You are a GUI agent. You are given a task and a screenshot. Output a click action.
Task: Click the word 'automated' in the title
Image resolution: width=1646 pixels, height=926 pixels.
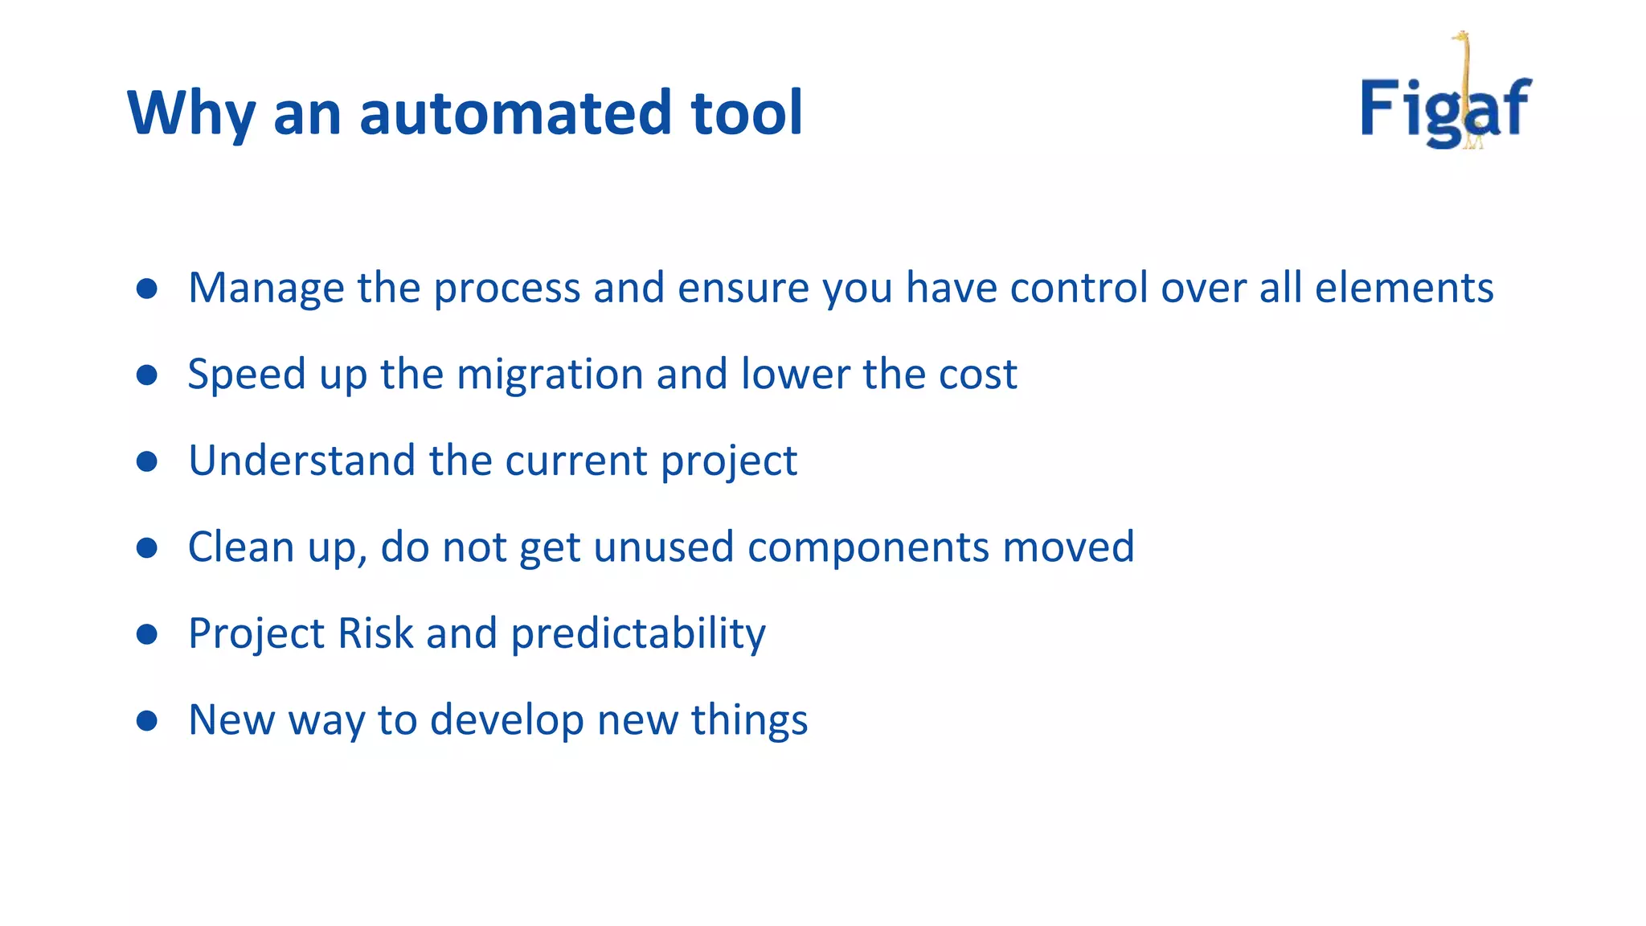tap(514, 113)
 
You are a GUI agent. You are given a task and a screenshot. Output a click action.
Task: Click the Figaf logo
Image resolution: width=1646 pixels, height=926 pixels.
tap(1446, 104)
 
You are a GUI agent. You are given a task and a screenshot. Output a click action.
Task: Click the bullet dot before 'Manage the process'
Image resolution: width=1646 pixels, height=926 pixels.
tap(147, 289)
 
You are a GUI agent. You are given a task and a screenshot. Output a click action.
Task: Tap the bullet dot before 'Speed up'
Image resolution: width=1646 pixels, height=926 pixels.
tap(147, 375)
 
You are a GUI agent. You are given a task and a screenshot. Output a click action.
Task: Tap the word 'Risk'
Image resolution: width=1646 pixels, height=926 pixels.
tap(375, 633)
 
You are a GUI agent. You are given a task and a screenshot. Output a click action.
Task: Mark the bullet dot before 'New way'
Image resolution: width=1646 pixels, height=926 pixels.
tap(147, 720)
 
